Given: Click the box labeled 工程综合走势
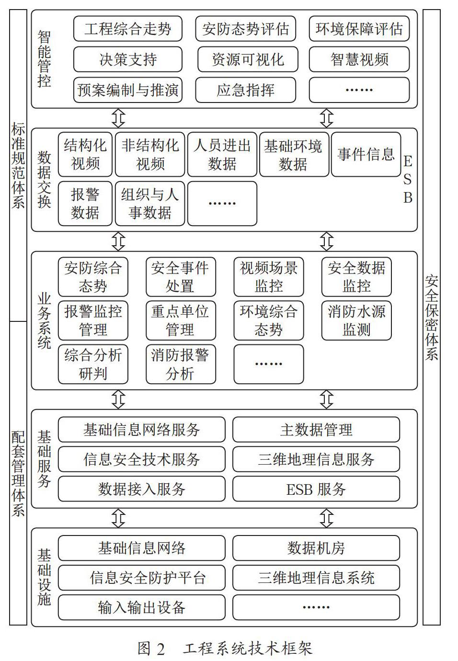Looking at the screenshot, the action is [x=127, y=29].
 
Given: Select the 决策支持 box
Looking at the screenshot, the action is [x=127, y=59].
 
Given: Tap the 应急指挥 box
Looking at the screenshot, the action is [x=245, y=90].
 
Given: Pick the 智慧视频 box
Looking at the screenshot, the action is [x=359, y=59].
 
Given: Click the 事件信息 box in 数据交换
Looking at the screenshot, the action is [x=366, y=154].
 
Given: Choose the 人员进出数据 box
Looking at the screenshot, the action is [x=222, y=154].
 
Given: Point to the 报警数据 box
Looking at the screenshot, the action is [x=85, y=204].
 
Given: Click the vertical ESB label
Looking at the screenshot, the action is [x=408, y=180].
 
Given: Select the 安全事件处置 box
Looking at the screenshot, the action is [x=181, y=277].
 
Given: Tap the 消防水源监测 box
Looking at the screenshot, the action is [x=356, y=320].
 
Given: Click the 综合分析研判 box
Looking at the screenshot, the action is [x=93, y=364].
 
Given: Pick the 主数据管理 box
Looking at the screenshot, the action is [x=316, y=430].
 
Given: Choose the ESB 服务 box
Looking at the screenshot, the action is [x=316, y=489].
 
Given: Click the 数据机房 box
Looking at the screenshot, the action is [x=316, y=548].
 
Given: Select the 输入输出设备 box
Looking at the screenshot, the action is [x=142, y=607].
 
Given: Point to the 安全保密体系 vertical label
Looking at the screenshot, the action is [x=432, y=318].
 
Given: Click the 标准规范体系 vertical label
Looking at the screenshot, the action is [x=18, y=166].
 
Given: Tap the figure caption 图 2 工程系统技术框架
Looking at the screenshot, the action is [x=225, y=649].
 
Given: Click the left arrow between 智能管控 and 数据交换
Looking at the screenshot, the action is [x=118, y=118].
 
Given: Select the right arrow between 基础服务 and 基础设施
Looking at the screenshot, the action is [x=327, y=518].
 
